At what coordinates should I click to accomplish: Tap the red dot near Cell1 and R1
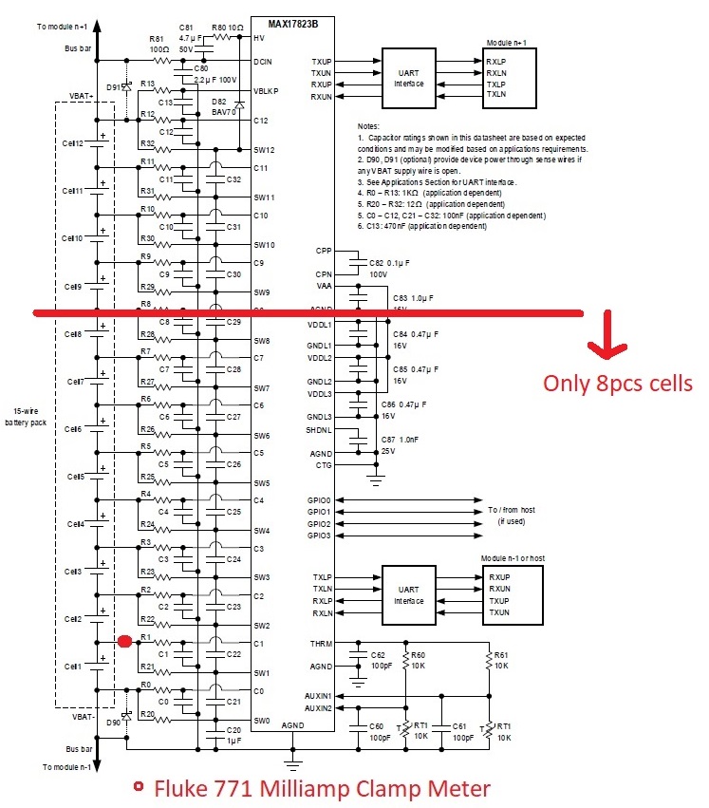[x=124, y=642]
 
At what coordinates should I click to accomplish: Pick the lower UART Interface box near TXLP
[x=409, y=595]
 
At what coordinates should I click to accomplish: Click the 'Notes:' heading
[x=368, y=126]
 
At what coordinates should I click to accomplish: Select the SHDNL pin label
[x=318, y=428]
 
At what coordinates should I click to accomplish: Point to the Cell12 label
[x=73, y=142]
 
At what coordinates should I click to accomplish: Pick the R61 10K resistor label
[x=501, y=661]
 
